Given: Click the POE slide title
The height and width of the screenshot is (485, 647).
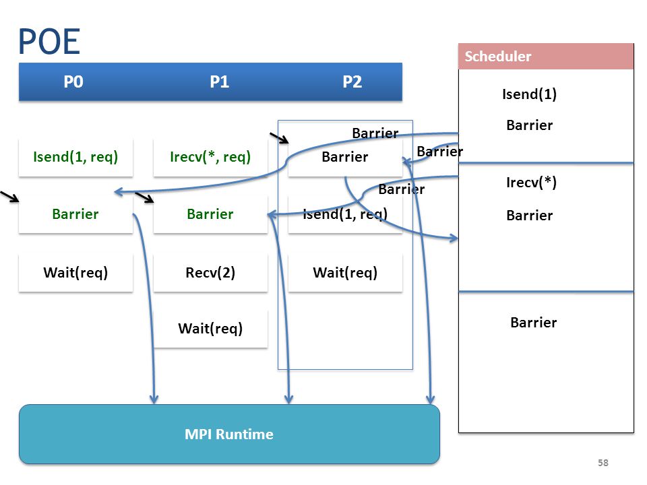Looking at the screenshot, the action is pos(49,42).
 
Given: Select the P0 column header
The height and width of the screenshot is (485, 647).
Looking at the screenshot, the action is pos(73,82).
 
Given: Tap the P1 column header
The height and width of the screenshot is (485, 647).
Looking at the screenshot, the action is pos(220,82).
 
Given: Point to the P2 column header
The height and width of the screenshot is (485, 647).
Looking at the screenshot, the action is pos(352,82).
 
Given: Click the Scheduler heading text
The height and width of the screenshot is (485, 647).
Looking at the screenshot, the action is pos(498,56).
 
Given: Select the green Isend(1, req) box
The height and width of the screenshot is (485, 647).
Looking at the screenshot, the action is pos(75,157).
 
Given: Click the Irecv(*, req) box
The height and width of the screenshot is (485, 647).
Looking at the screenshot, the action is pos(210,157).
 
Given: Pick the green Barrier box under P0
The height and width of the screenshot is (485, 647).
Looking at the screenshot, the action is pos(75,214).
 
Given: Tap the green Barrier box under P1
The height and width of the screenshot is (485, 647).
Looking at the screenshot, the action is pos(210,214).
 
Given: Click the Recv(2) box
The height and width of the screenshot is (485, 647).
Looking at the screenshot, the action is pos(210,273).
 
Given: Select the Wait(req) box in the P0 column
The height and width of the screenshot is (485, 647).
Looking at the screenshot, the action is pos(75,273).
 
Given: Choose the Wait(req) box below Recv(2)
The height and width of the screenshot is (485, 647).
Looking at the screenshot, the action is pos(210,329).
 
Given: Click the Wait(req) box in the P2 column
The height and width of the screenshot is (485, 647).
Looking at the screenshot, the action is pos(345,273).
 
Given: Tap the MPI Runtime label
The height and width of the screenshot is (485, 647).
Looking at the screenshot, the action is pos(229,434).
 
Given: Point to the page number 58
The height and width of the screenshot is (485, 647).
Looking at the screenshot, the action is pos(603,463).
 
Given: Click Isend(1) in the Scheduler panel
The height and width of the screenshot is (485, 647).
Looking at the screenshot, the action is pos(530,94).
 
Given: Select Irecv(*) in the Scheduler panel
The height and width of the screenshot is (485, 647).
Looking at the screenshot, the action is pos(532,183).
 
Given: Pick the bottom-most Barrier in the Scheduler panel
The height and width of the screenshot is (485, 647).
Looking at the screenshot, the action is pos(534,323).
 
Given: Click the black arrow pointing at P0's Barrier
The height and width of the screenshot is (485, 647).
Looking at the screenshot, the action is pos(10,197).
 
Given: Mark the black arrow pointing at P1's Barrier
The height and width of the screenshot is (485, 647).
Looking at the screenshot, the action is pos(144,197).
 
